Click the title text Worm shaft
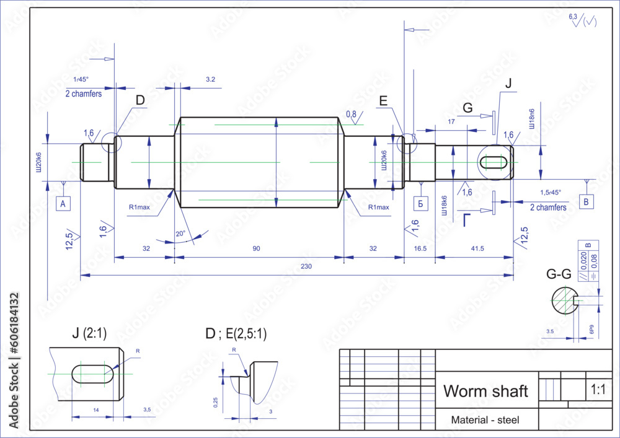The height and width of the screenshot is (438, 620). [485, 392]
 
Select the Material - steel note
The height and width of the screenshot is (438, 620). [485, 420]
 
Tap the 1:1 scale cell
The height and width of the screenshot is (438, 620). [598, 390]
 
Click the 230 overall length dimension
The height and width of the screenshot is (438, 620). [306, 266]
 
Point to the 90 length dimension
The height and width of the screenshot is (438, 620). [256, 248]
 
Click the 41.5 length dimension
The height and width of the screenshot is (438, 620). [477, 248]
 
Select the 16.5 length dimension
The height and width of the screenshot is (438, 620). [420, 248]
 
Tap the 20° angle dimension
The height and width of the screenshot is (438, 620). [181, 234]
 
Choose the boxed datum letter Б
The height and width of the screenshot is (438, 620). [420, 203]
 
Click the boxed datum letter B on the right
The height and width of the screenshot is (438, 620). [587, 202]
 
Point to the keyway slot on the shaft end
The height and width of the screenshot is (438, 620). [494, 162]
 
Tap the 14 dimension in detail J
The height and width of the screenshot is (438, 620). [95, 410]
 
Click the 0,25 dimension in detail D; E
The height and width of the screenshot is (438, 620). [216, 402]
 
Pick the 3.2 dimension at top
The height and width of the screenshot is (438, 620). [210, 79]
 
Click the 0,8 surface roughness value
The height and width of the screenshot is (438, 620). [351, 114]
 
